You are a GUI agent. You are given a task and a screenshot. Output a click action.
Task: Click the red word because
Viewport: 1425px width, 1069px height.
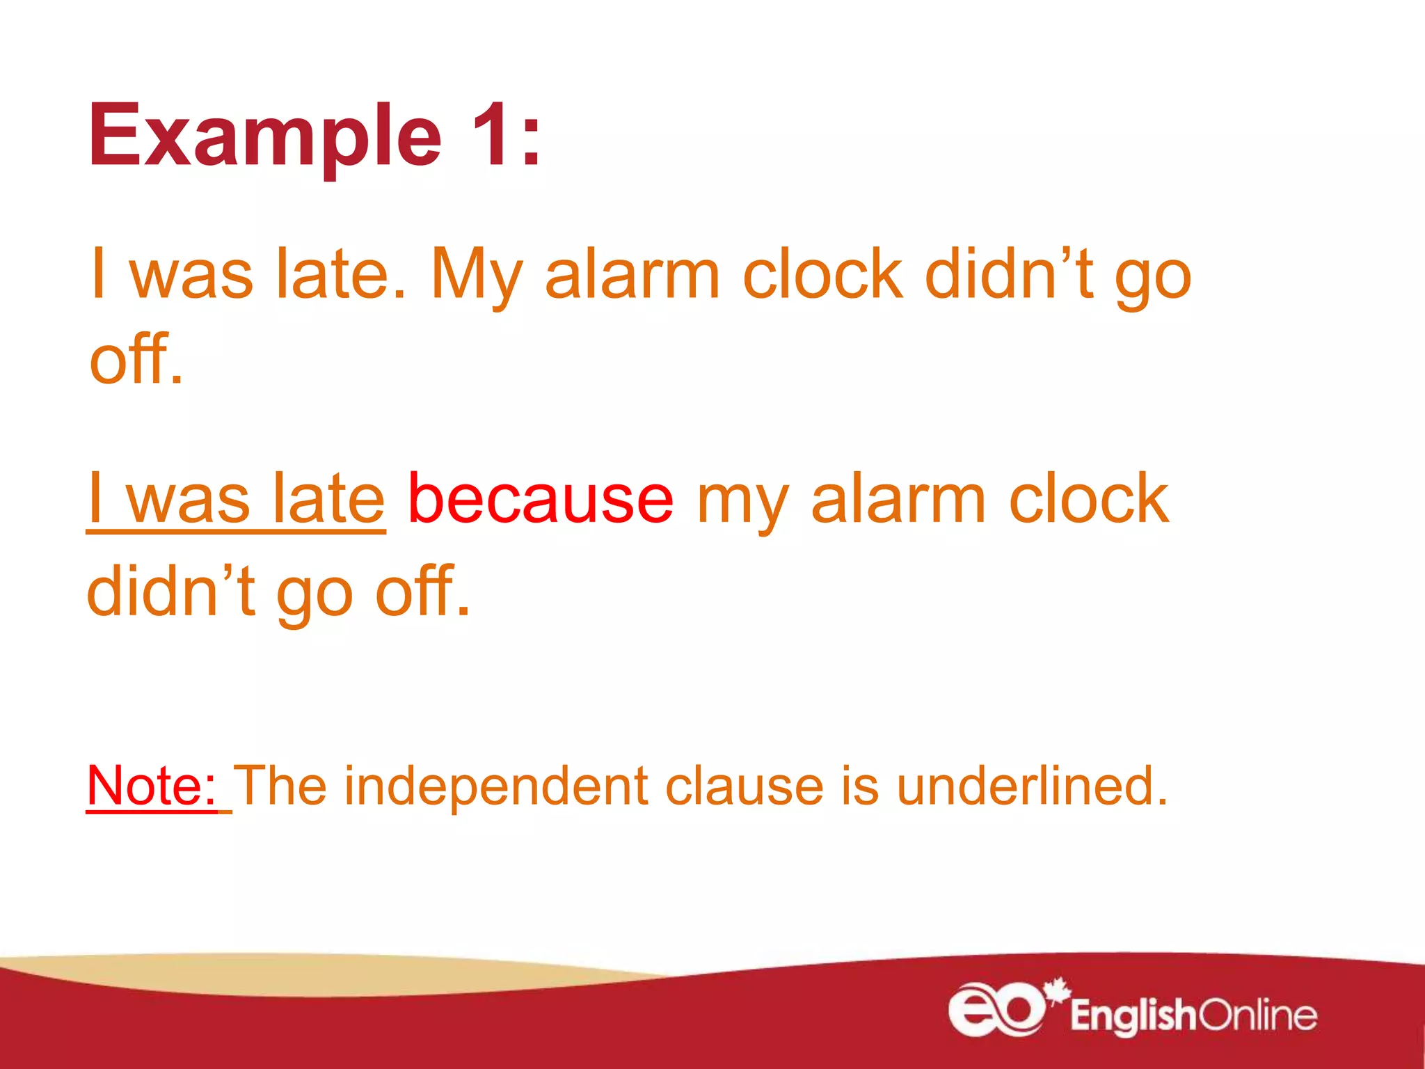pos(540,498)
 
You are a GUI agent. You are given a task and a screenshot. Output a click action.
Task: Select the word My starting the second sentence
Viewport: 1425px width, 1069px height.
pos(476,276)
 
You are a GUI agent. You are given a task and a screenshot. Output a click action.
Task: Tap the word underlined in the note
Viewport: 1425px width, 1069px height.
pos(1031,785)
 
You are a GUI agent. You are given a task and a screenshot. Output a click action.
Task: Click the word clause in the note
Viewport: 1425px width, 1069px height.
pos(745,785)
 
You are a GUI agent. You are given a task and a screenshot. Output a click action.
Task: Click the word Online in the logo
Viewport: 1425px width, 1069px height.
pos(1258,1015)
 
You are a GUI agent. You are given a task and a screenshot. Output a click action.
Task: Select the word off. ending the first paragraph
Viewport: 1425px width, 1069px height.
pos(136,359)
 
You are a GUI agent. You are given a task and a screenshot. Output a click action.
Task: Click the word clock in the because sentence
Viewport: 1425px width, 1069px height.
pos(1088,498)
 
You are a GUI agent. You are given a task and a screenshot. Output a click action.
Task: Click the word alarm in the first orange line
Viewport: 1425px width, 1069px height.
pos(632,276)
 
